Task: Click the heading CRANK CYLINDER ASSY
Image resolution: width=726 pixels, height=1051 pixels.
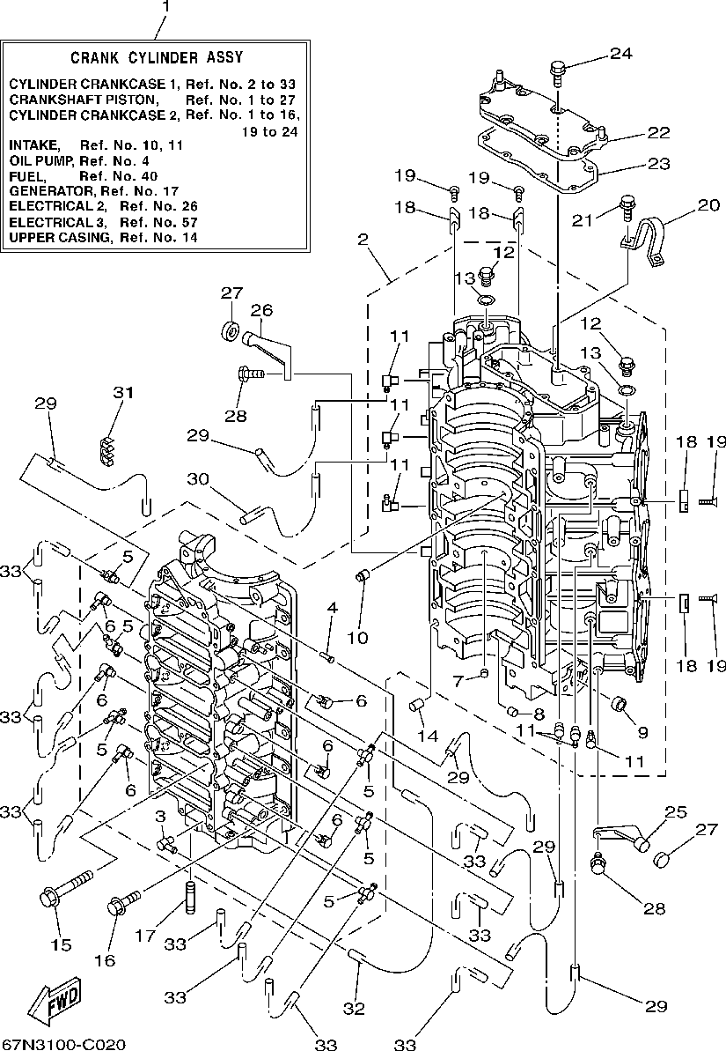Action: click(156, 58)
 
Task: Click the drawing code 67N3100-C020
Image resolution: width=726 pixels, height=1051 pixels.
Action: click(62, 1044)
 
